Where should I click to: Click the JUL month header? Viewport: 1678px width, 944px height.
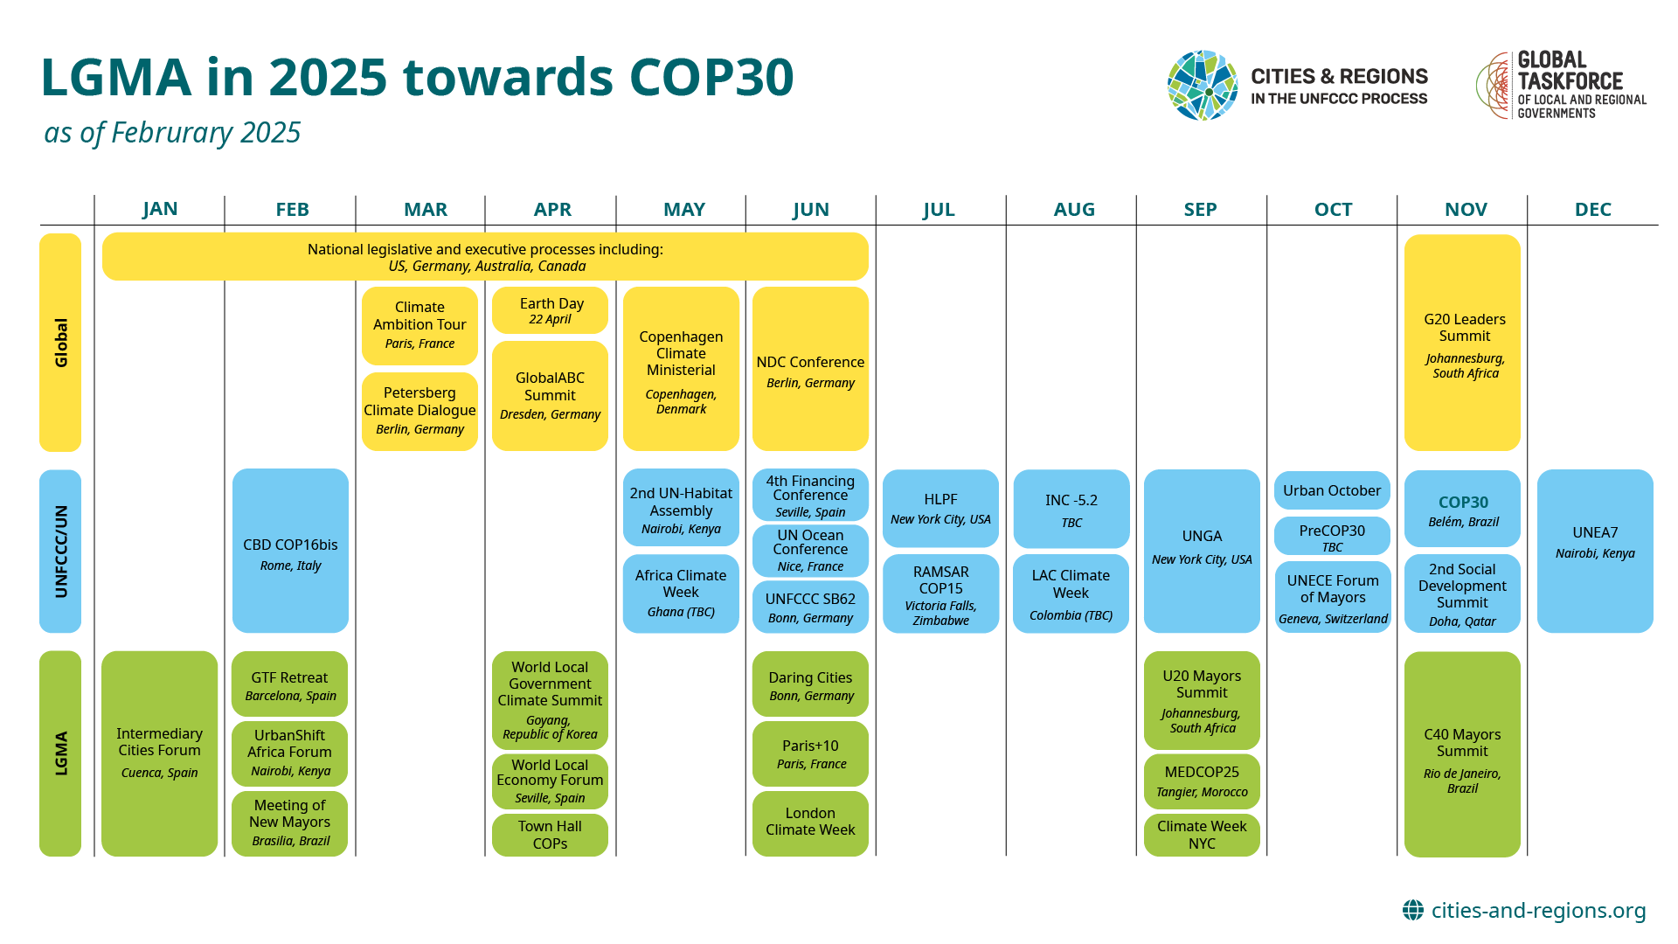[939, 210]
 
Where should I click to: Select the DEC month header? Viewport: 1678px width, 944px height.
[1593, 210]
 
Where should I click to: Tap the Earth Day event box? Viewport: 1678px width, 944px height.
[550, 310]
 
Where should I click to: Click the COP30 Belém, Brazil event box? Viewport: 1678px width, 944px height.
[1462, 509]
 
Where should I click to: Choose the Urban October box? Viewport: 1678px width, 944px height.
[1332, 490]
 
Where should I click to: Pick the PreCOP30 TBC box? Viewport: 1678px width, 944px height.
[1332, 537]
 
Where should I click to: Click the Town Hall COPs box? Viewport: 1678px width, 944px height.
[550, 835]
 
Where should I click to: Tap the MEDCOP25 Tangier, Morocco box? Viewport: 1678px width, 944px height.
[1202, 781]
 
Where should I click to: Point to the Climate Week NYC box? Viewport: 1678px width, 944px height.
[1202, 835]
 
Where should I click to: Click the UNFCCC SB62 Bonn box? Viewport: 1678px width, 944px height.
[810, 607]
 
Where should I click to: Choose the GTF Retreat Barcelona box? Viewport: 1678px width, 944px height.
[289, 684]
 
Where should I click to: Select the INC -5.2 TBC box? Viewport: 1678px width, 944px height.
[1071, 509]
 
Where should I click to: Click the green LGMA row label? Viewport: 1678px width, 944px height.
[60, 753]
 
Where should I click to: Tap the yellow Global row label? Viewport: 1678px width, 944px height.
[60, 343]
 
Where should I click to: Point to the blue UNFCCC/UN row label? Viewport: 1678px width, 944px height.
[60, 552]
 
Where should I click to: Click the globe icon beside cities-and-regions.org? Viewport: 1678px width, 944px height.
[1413, 911]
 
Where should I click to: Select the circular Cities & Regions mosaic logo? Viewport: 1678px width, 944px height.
[1203, 85]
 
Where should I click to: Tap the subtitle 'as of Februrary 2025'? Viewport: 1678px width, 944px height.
[172, 133]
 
